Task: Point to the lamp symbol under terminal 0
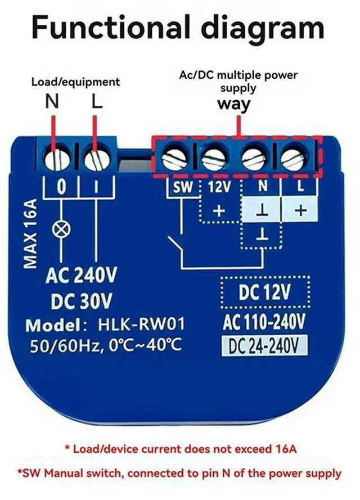click(58, 229)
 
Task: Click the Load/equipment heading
click(75, 82)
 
